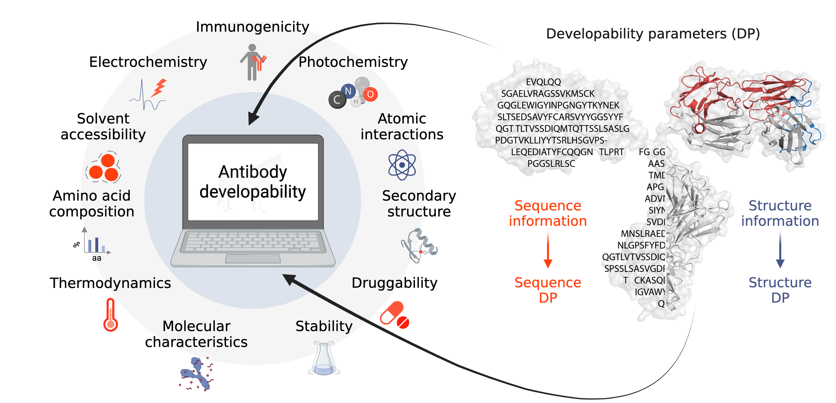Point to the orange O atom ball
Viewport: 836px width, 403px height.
tap(370, 94)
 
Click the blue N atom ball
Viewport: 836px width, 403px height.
tap(348, 91)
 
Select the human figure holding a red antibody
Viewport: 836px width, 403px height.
tap(253, 62)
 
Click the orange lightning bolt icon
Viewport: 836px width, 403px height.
tap(159, 88)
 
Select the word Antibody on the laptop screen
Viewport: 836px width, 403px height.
tap(253, 172)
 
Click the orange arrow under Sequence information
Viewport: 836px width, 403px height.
tap(548, 250)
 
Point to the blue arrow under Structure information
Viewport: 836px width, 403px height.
tap(780, 250)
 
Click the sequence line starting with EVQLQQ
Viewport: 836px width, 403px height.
tap(543, 82)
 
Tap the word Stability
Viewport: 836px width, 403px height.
tap(324, 326)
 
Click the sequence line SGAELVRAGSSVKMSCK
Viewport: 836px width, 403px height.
tap(548, 94)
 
